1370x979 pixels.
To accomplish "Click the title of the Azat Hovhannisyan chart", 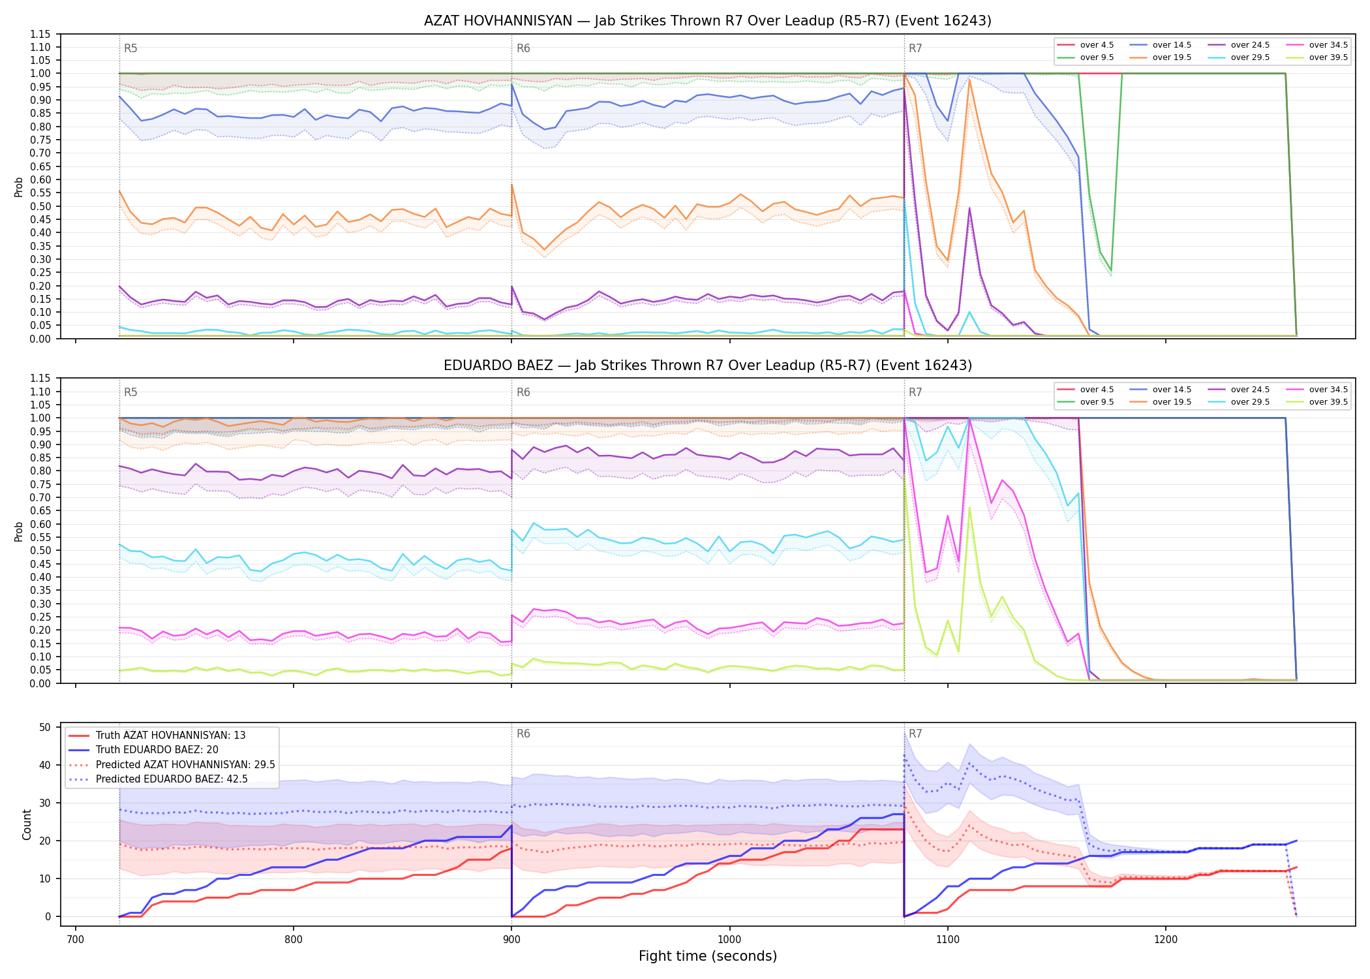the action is point(707,21).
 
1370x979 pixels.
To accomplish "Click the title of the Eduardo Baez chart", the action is point(707,365).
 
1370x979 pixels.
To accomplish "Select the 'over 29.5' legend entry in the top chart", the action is point(1239,57).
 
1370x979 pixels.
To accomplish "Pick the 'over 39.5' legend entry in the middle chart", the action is point(1317,402).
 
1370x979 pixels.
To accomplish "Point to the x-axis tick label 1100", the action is point(947,939).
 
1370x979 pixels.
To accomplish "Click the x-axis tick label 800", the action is point(294,939).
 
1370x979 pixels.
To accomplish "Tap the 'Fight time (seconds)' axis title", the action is point(707,956).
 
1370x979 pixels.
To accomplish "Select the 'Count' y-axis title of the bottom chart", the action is point(27,824).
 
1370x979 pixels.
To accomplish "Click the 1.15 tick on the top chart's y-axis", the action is point(40,34).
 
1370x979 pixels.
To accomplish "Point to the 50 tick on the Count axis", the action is point(45,727).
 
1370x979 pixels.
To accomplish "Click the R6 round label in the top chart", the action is point(523,48).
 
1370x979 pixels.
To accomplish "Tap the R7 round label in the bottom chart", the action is point(915,734).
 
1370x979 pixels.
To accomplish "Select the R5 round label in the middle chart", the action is point(130,392).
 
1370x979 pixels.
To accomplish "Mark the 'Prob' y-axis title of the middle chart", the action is point(19,531).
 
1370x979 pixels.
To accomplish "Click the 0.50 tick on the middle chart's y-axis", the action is point(40,550).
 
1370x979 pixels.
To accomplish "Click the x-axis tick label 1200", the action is point(1166,939).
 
